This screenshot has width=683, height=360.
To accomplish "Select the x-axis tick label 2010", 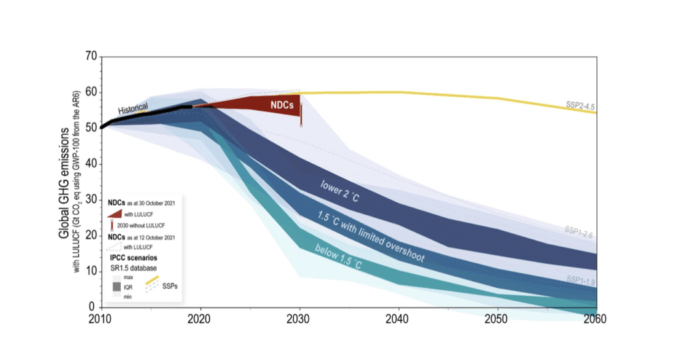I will click(100, 319).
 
